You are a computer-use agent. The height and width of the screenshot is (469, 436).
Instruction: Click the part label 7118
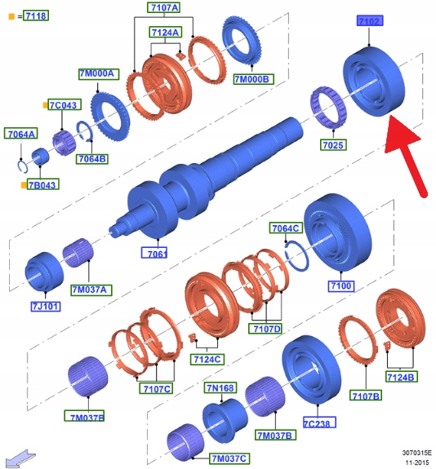(x=36, y=15)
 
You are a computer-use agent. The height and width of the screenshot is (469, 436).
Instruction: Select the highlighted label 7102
(x=370, y=21)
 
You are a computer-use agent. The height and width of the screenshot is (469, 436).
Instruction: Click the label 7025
(x=333, y=144)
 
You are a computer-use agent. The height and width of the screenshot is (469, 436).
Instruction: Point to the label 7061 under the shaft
(x=154, y=253)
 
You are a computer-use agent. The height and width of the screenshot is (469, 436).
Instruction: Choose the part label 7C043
(x=64, y=104)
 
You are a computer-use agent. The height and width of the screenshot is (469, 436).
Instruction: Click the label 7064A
(x=21, y=134)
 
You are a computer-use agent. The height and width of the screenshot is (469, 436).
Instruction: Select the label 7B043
(x=42, y=184)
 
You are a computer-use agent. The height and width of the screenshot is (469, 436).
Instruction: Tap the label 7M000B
(x=253, y=79)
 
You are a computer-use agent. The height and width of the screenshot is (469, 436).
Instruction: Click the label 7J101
(x=46, y=306)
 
